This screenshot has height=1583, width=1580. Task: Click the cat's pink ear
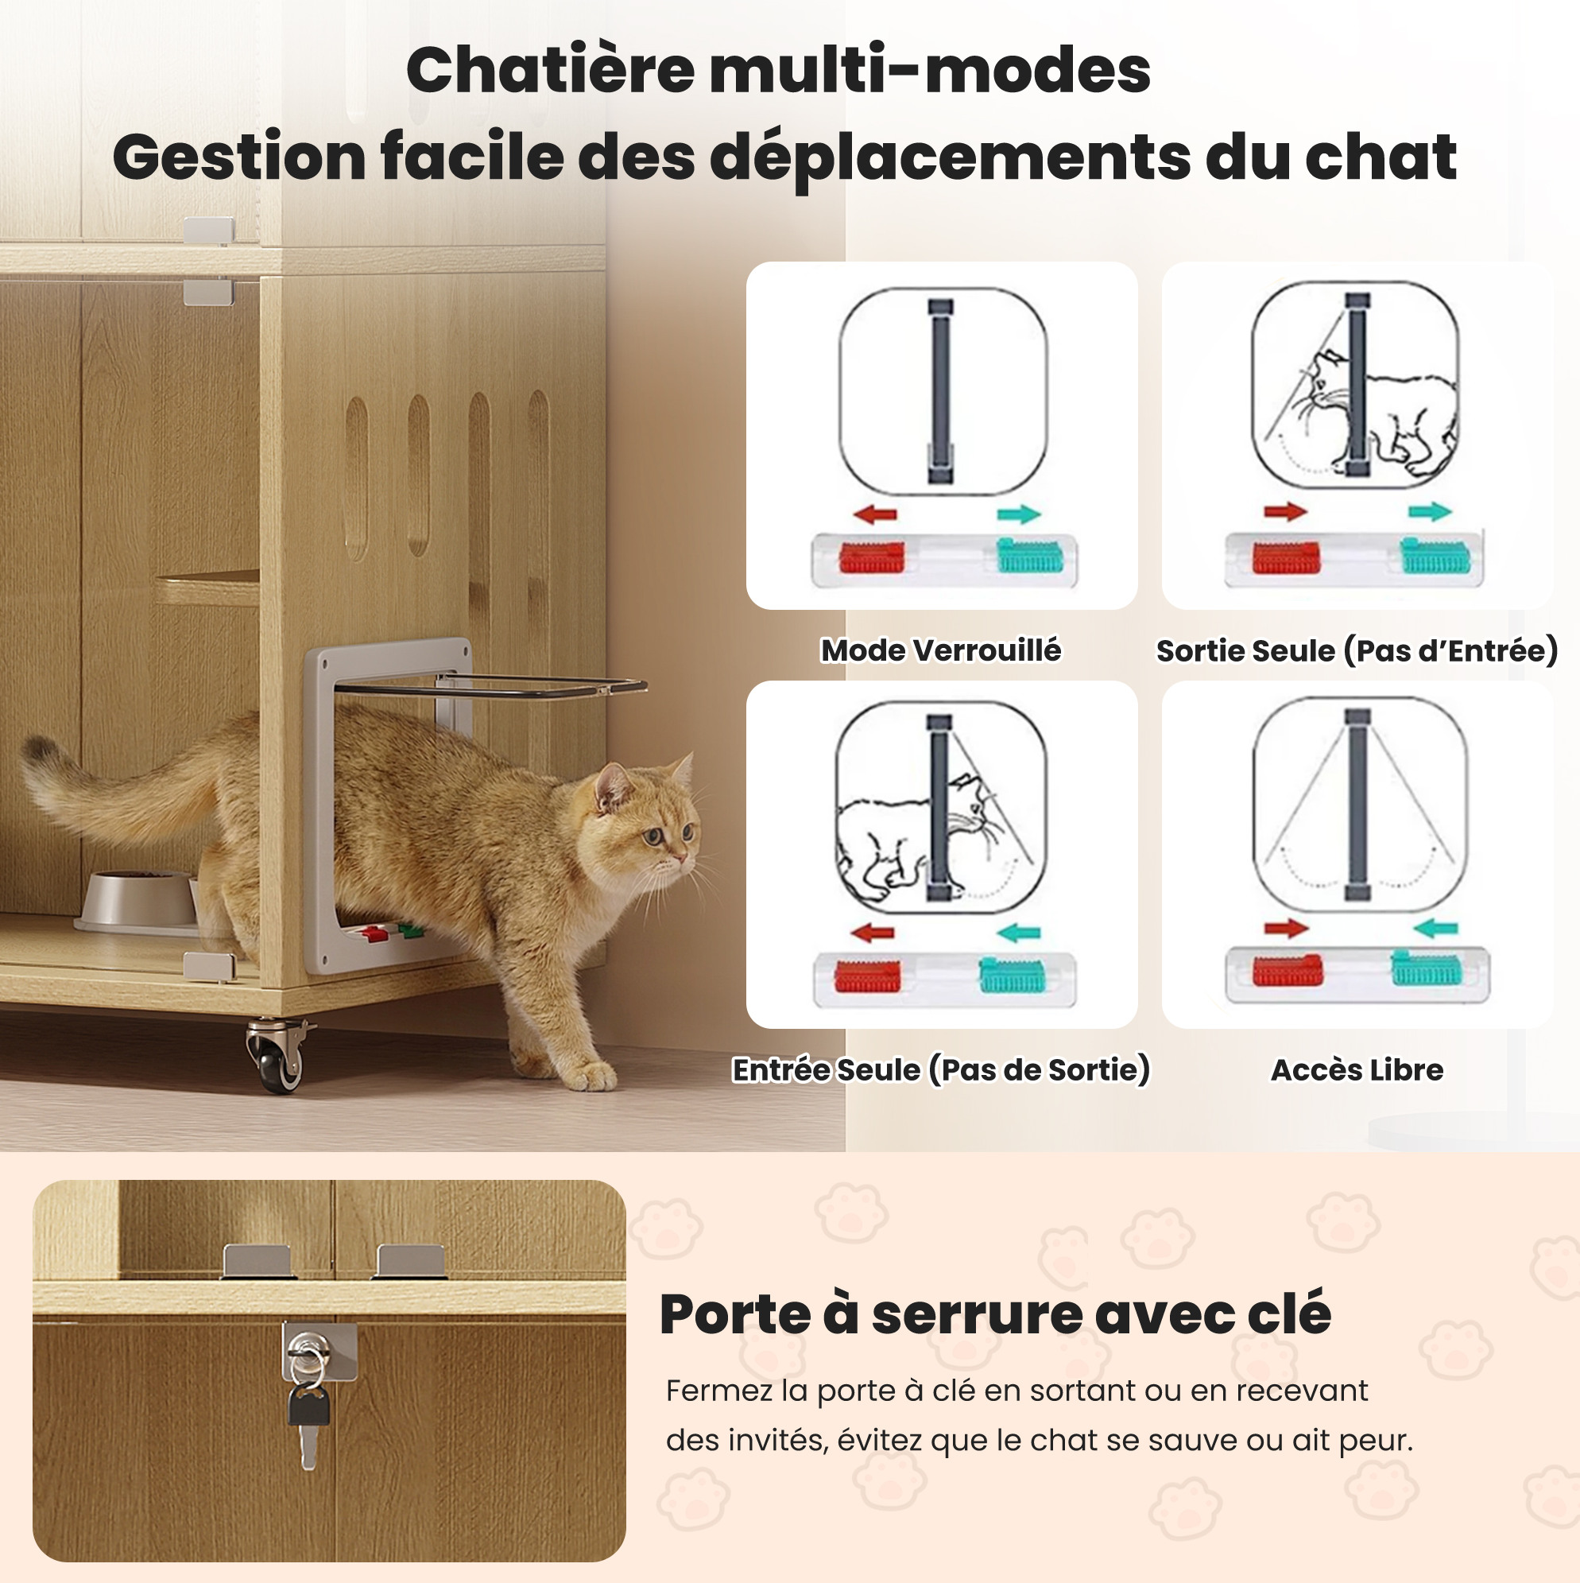(613, 789)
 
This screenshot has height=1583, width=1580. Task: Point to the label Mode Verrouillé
(941, 650)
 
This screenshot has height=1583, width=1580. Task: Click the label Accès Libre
(1357, 1070)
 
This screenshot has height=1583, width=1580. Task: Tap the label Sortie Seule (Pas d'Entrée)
(1357, 650)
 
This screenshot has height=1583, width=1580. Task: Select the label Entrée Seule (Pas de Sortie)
(941, 1070)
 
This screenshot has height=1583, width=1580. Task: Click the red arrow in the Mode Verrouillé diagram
(875, 514)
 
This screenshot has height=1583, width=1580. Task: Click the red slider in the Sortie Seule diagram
(1286, 557)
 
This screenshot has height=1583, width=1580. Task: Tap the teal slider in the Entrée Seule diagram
(1012, 975)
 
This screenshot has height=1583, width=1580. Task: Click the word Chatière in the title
(551, 70)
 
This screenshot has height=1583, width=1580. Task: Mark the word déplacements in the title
(950, 157)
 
